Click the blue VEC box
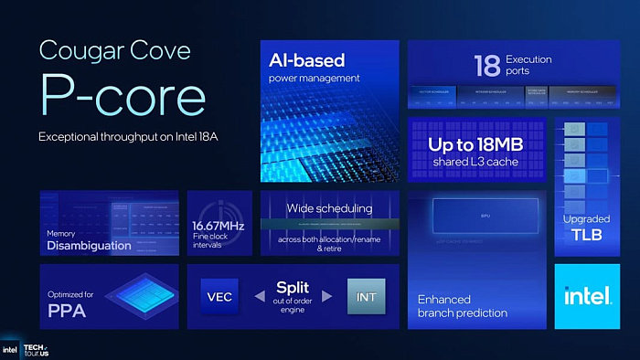[x=219, y=297]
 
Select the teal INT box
[x=367, y=297]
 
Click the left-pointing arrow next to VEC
[x=259, y=297]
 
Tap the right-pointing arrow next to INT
[x=326, y=297]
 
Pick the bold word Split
[x=293, y=288]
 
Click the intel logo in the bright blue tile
[x=587, y=296]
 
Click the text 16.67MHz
[x=218, y=226]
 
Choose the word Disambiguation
[x=89, y=245]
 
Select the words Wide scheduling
[x=329, y=208]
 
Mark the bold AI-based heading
[x=306, y=61]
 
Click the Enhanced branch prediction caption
[x=462, y=306]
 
